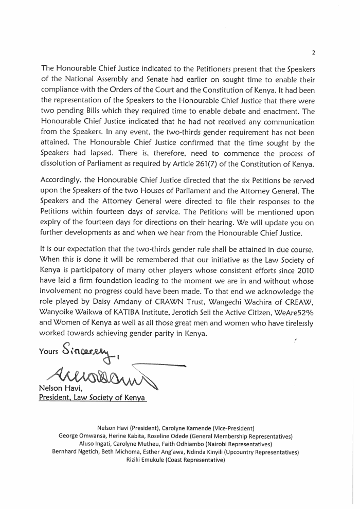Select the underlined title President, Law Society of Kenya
[x=93, y=398]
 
